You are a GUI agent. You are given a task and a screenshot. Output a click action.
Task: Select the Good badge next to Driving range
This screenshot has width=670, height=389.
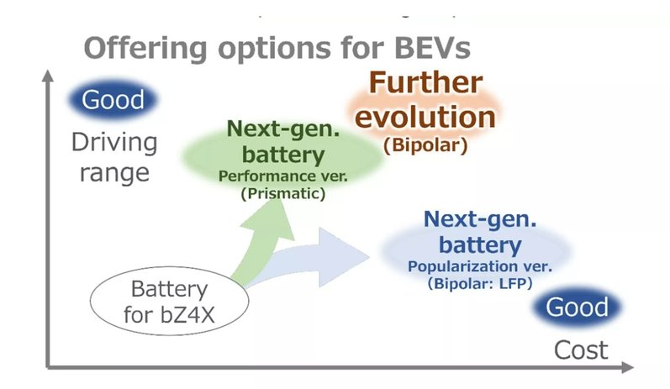(x=113, y=100)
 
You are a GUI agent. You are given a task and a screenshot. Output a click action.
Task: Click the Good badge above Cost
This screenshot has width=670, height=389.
(x=578, y=308)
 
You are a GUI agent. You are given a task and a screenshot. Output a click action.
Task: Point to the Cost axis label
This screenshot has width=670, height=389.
(x=581, y=350)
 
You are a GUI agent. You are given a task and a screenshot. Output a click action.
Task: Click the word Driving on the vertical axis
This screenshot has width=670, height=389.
(x=113, y=141)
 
